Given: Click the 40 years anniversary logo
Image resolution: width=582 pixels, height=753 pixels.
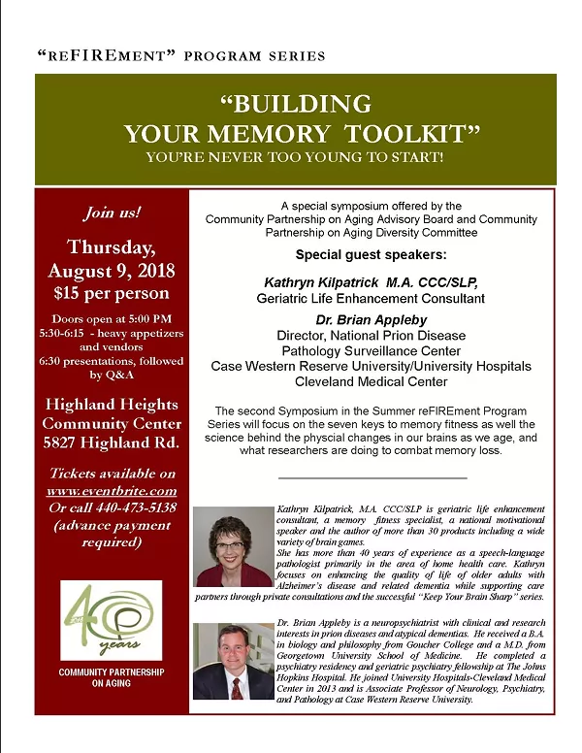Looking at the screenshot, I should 111,621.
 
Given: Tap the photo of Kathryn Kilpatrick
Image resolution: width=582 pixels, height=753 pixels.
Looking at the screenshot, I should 233,546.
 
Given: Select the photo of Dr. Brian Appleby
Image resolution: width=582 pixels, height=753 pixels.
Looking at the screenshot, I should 233,662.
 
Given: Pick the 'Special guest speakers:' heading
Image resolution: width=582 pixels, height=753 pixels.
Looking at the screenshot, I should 371,255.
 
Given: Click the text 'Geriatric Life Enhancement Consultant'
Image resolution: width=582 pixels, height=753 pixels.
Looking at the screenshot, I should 371,298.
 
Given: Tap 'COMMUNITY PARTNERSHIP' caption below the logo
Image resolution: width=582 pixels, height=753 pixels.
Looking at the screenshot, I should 111,672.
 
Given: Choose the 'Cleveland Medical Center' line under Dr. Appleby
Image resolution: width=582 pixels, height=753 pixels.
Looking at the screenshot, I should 371,381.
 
